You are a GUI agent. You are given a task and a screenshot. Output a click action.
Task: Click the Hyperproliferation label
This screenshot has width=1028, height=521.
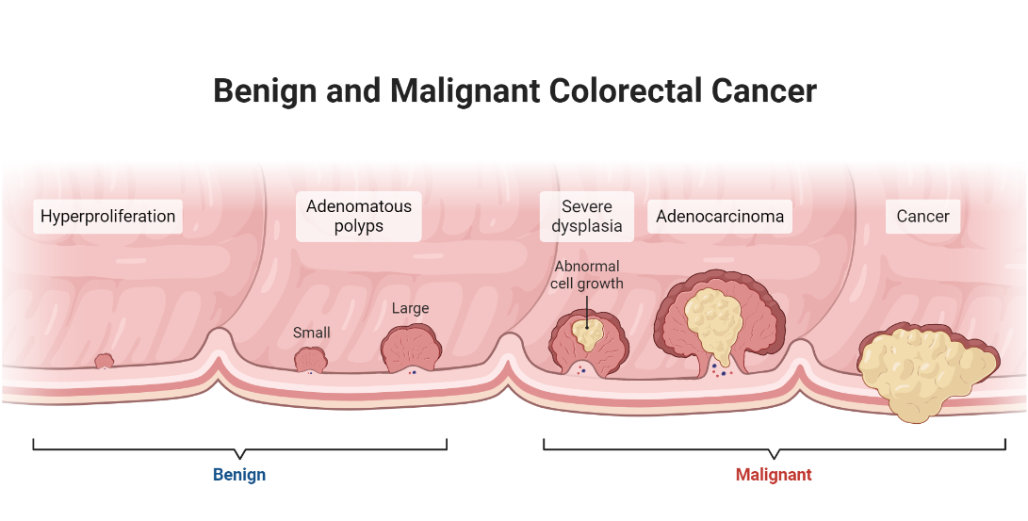point(107,216)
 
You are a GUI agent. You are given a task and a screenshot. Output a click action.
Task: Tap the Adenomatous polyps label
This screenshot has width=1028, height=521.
point(358,216)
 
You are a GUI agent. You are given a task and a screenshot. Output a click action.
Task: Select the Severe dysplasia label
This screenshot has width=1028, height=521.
point(586,216)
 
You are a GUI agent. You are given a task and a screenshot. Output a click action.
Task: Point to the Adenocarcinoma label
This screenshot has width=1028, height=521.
point(720,216)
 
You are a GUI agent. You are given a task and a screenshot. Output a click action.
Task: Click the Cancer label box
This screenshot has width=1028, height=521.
point(922,216)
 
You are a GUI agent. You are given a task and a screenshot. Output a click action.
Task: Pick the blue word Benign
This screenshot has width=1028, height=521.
point(239,475)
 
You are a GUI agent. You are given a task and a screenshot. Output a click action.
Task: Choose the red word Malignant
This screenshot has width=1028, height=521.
point(773,475)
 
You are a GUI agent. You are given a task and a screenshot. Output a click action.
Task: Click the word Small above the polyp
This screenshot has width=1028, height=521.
point(312,333)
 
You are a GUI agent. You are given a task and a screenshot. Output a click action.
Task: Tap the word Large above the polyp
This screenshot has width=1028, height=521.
point(410,308)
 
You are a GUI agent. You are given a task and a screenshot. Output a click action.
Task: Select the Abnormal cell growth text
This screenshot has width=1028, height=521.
point(588,275)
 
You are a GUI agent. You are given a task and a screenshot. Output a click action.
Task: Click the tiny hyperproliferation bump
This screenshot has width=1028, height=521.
point(104,360)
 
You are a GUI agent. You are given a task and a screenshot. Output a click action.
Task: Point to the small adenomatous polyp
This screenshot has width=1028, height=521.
point(310,359)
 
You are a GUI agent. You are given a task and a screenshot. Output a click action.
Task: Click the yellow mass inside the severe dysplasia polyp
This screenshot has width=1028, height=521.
point(589,331)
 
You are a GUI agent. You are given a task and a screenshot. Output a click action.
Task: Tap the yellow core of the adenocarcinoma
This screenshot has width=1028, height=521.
point(714,315)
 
